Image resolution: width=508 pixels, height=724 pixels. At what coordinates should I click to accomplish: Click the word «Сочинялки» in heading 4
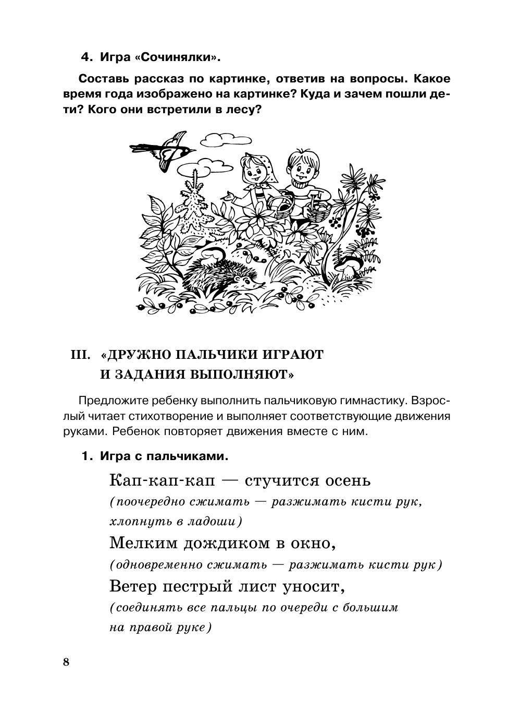coord(178,57)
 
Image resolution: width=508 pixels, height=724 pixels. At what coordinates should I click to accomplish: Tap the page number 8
coord(66,662)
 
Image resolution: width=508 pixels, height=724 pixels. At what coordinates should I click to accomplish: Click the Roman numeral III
coord(81,355)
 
